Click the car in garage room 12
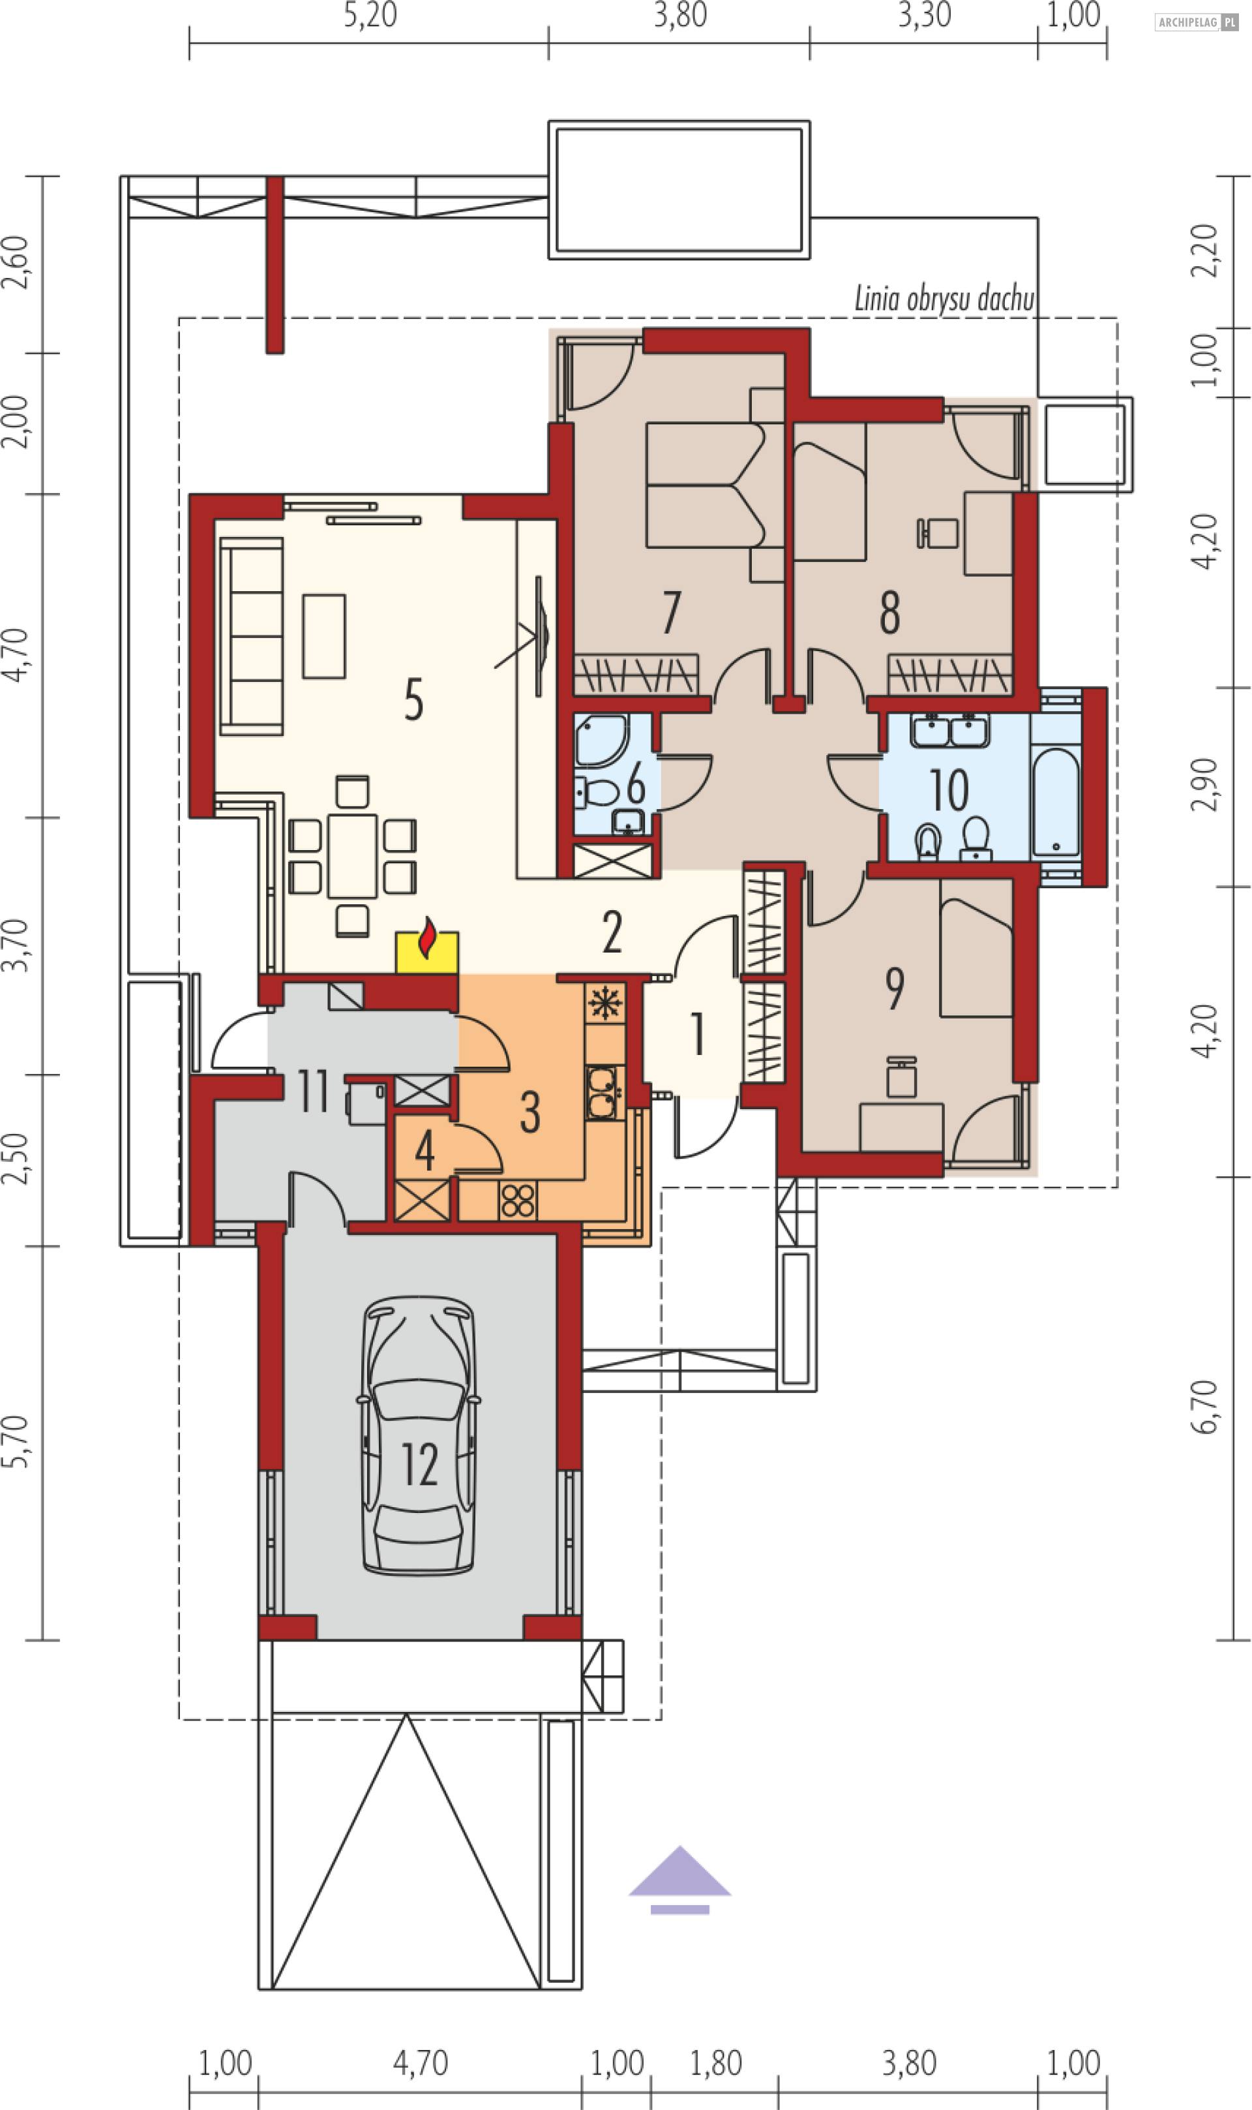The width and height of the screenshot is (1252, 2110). [x=419, y=1435]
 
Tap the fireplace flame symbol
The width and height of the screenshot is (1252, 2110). [x=428, y=938]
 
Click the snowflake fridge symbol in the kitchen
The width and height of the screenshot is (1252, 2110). [x=605, y=1003]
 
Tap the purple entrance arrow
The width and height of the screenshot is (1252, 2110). [x=680, y=1880]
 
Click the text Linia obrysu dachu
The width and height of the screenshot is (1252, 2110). [x=944, y=299]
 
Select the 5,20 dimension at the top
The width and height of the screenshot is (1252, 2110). [x=370, y=15]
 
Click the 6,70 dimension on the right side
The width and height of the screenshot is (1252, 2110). [x=1205, y=1407]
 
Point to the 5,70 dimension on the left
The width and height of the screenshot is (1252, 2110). [x=15, y=1441]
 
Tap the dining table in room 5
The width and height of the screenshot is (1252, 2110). [x=353, y=856]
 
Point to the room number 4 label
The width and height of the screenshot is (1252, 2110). [x=425, y=1150]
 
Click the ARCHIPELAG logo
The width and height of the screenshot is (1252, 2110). [x=1197, y=22]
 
